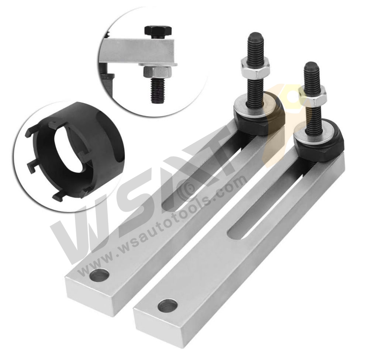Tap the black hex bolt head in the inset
pos(158,31)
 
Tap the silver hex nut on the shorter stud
pos(313,95)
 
